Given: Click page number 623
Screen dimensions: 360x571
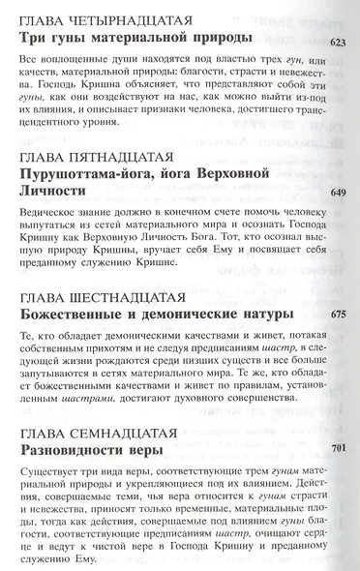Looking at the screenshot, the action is tap(338, 43).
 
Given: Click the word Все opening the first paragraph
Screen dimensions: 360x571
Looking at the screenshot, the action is tap(28, 63).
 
